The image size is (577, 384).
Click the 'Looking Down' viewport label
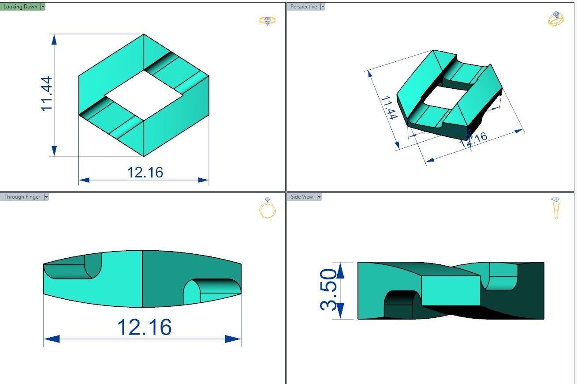pyautogui.click(x=20, y=7)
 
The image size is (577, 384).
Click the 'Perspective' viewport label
pyautogui.click(x=303, y=7)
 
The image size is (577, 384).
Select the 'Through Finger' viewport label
pyautogui.click(x=22, y=197)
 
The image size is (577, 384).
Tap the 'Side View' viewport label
pyautogui.click(x=302, y=197)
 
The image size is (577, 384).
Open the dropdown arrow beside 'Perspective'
pyautogui.click(x=323, y=7)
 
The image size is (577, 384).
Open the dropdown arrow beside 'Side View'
pyautogui.click(x=319, y=197)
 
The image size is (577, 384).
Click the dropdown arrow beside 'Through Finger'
pyautogui.click(x=46, y=197)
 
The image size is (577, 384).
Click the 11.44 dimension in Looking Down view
pyautogui.click(x=46, y=94)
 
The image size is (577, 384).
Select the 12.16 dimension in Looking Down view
pyautogui.click(x=145, y=172)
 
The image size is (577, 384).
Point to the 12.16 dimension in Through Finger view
pyautogui.click(x=144, y=327)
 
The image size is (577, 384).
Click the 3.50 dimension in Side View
pyautogui.click(x=329, y=290)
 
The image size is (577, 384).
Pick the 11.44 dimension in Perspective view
pyautogui.click(x=389, y=107)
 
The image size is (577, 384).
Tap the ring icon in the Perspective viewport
pyautogui.click(x=555, y=19)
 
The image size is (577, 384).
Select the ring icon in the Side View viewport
pyautogui.click(x=555, y=208)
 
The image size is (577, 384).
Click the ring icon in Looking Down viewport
pyautogui.click(x=268, y=21)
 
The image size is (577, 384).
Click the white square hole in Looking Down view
pyautogui.click(x=144, y=94)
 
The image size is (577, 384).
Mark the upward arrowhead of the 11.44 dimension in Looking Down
pyautogui.click(x=54, y=39)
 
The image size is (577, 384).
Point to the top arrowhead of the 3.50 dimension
pyautogui.click(x=340, y=269)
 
